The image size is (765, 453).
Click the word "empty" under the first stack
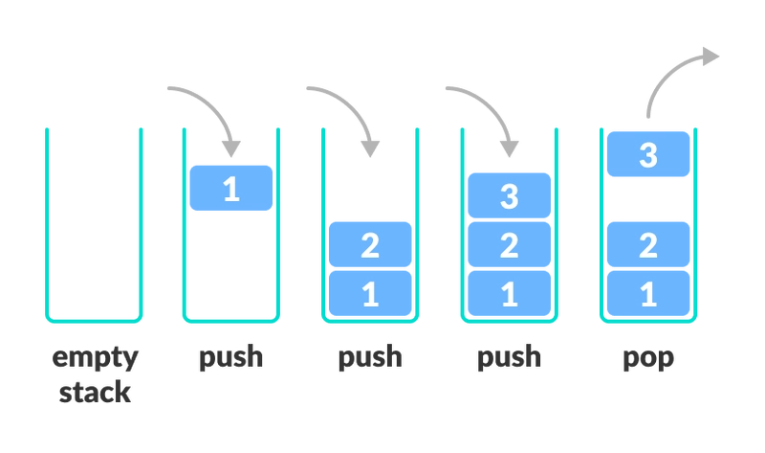(95, 359)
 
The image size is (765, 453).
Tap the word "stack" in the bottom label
(95, 393)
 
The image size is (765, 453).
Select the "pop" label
(648, 359)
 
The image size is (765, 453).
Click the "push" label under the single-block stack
(230, 356)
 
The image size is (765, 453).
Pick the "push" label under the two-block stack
(370, 356)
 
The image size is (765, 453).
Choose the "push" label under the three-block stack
(509, 356)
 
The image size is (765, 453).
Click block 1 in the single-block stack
(231, 188)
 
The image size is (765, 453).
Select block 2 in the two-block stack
(370, 244)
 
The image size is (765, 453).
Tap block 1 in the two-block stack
(370, 293)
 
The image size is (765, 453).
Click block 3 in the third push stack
(510, 195)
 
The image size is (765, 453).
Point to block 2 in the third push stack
(510, 244)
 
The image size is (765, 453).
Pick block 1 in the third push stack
(510, 293)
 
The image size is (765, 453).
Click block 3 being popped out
(648, 154)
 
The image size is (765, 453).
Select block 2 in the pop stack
(648, 244)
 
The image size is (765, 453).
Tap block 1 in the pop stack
(648, 293)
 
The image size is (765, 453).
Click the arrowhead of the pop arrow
(710, 57)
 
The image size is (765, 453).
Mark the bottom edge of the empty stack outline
(94, 321)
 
